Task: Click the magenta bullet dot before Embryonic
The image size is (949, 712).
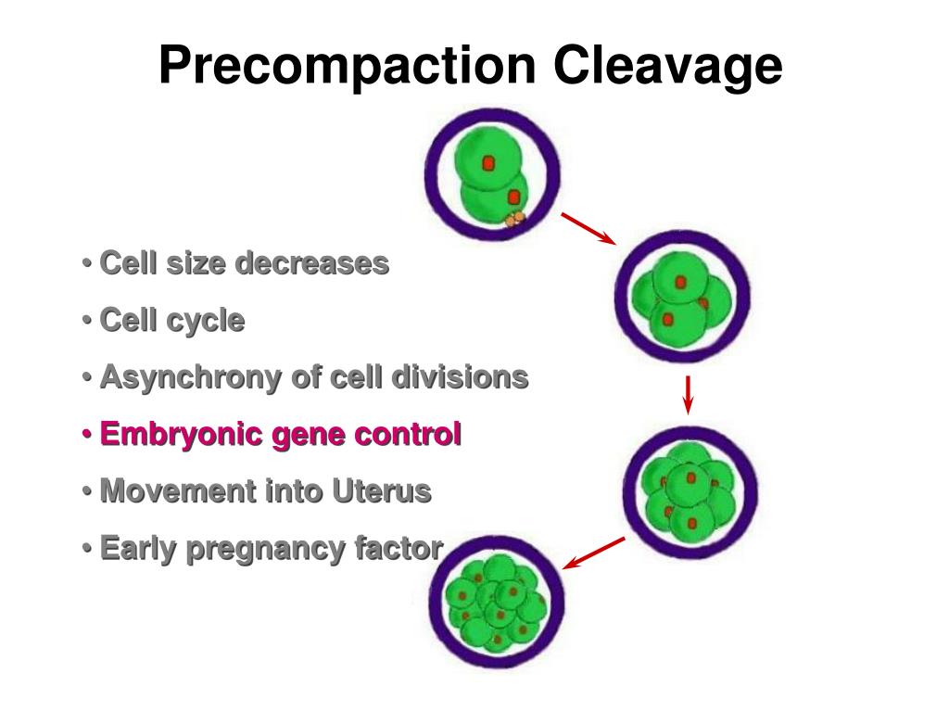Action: click(x=86, y=434)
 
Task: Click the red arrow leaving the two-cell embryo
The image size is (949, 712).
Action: click(x=588, y=227)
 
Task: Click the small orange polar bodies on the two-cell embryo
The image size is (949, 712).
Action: click(x=514, y=219)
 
